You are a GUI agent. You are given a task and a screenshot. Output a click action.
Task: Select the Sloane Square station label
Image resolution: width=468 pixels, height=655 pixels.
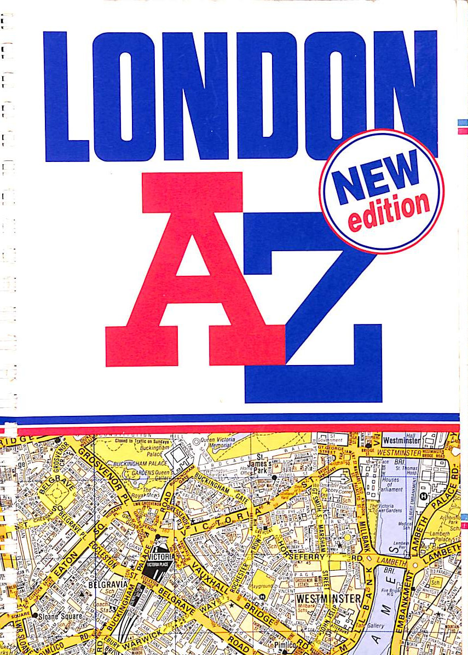[x=60, y=616]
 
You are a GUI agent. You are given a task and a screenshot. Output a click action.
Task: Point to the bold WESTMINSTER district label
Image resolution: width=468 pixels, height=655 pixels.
[x=328, y=598]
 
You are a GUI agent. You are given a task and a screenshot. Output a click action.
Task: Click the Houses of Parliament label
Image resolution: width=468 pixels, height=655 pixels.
[x=390, y=484]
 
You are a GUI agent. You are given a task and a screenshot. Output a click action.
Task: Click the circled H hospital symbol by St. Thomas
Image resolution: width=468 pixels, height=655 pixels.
[x=423, y=496]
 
